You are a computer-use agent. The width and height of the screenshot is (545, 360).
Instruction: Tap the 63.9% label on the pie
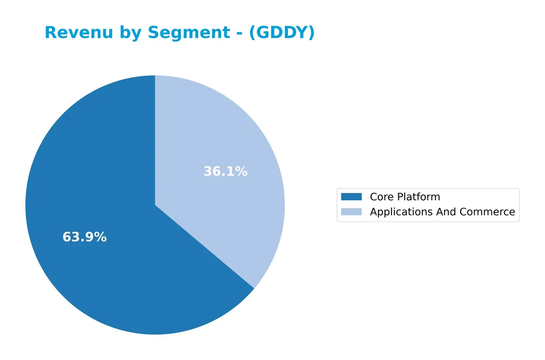click(84, 237)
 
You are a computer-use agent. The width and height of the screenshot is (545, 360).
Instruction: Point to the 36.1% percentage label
click(225, 172)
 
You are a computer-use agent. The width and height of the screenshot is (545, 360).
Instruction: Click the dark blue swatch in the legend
click(352, 197)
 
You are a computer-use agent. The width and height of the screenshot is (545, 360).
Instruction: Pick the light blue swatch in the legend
click(352, 212)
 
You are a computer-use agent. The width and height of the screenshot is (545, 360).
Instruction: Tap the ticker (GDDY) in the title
click(282, 33)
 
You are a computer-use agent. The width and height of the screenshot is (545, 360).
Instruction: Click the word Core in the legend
click(381, 197)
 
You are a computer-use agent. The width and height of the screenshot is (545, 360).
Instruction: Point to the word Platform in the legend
click(418, 197)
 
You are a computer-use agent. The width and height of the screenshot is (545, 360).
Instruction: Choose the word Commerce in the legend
click(487, 212)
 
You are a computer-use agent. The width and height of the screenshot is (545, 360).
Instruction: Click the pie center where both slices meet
click(155, 205)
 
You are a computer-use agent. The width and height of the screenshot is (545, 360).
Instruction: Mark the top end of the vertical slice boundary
click(155, 76)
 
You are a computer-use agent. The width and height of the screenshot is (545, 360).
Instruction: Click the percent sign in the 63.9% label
click(101, 237)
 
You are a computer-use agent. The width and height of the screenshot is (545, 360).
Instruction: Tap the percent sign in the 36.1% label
click(242, 172)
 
